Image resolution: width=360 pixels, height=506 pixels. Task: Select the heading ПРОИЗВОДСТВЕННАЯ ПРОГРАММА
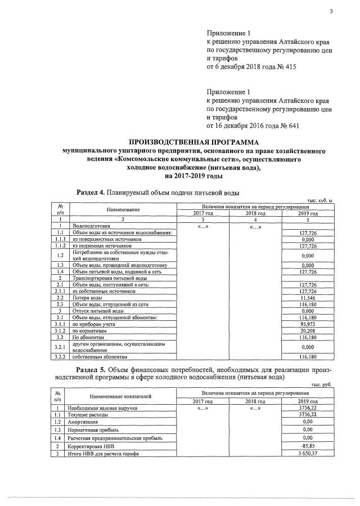pyautogui.click(x=189, y=142)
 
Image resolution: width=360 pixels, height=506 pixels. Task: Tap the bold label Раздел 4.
pyautogui.click(x=91, y=192)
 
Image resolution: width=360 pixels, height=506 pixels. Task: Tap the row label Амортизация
pyautogui.click(x=85, y=421)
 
